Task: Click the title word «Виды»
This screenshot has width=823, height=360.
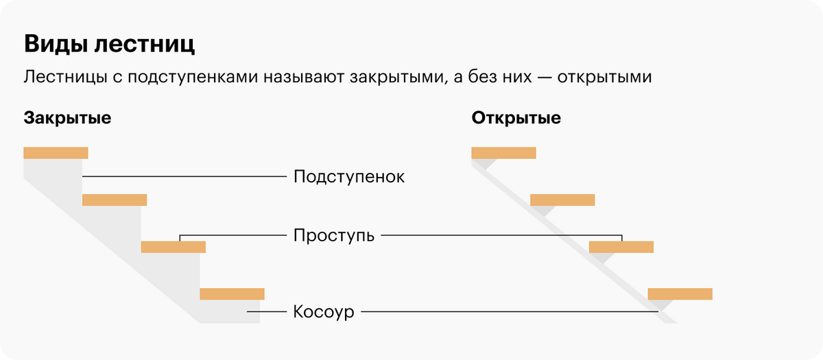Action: coord(53,45)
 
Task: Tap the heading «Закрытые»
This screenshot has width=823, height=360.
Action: coord(67,118)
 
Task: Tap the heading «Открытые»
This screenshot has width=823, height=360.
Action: coord(516,118)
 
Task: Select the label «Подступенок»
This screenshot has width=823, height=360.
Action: coord(349,177)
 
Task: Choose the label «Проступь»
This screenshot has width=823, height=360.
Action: coord(334,236)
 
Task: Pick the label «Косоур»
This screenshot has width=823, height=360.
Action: coord(324,312)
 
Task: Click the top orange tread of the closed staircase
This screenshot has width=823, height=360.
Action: coord(56,153)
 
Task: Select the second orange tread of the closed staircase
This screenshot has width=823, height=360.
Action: coord(115,200)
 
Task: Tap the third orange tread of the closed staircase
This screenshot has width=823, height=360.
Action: coord(174,247)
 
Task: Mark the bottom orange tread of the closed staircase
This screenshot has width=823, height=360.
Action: coord(232,294)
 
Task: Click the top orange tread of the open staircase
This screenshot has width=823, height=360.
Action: coord(503,153)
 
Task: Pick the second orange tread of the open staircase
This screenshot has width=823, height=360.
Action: coord(562,200)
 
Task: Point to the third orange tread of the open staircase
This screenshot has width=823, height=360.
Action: coord(621,247)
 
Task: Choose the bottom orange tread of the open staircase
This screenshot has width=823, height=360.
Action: coord(680,294)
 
